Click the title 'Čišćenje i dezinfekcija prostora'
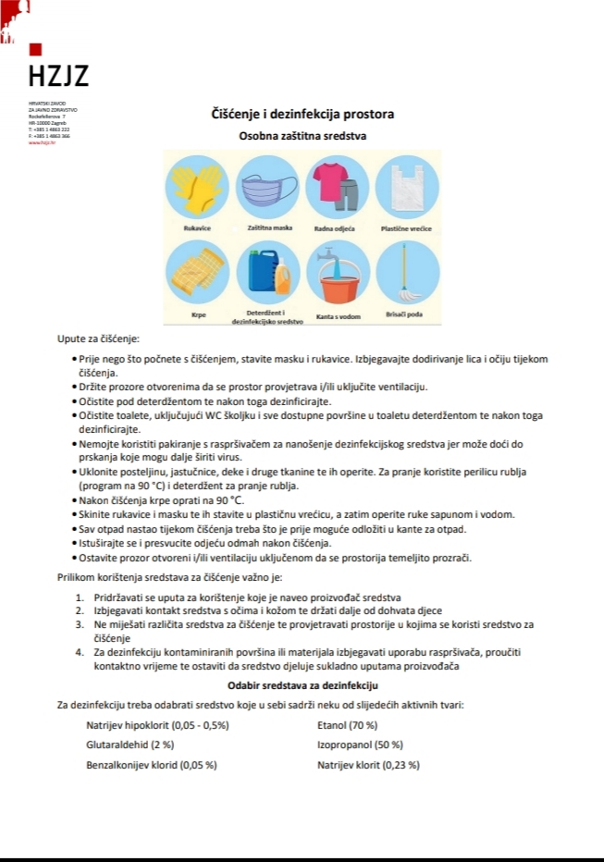point(302,115)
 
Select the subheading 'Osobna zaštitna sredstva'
point(302,136)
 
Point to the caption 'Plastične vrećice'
point(407,228)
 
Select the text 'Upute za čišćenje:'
point(98,339)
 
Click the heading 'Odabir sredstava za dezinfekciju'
point(302,685)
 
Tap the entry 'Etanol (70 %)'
point(347,725)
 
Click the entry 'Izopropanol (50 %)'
point(360,745)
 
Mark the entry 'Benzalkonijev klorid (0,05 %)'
point(152,765)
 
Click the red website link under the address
point(42,142)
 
